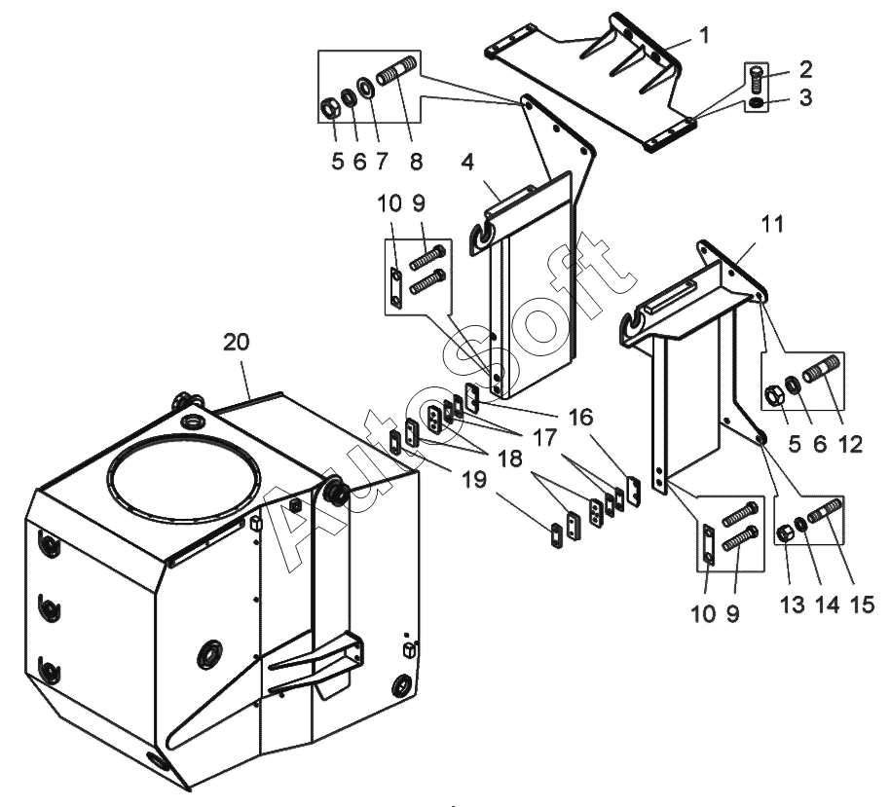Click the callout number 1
click(x=704, y=35)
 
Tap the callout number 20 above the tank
click(x=236, y=343)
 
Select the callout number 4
click(x=467, y=162)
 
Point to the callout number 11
click(x=772, y=224)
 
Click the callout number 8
click(x=416, y=162)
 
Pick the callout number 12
click(x=850, y=444)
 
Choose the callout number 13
click(x=793, y=605)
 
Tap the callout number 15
click(x=862, y=605)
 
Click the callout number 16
click(x=580, y=417)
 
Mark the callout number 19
click(x=474, y=480)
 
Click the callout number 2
click(x=805, y=70)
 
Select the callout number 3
click(x=805, y=97)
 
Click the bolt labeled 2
click(x=755, y=81)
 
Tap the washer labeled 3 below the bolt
click(x=756, y=103)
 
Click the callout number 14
click(x=827, y=605)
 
